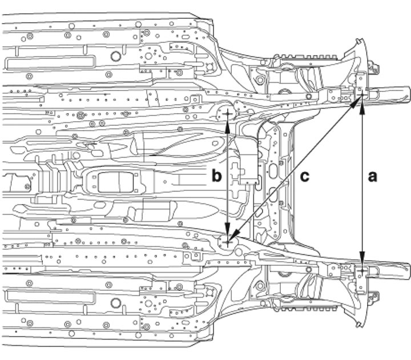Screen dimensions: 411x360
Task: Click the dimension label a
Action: click(x=372, y=177)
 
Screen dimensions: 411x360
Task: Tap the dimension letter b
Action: click(x=216, y=175)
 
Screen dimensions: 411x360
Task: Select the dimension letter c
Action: click(x=305, y=177)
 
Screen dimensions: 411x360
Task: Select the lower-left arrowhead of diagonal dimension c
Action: click(x=234, y=235)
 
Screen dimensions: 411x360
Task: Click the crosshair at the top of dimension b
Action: click(x=227, y=114)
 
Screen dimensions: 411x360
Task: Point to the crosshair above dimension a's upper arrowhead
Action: click(x=362, y=94)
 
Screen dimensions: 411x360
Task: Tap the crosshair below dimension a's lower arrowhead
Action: click(x=362, y=270)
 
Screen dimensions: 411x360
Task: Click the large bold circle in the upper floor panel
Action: click(x=115, y=56)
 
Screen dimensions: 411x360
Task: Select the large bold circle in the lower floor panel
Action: click(x=115, y=303)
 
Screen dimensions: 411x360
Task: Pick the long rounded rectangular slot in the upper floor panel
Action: click(x=50, y=62)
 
